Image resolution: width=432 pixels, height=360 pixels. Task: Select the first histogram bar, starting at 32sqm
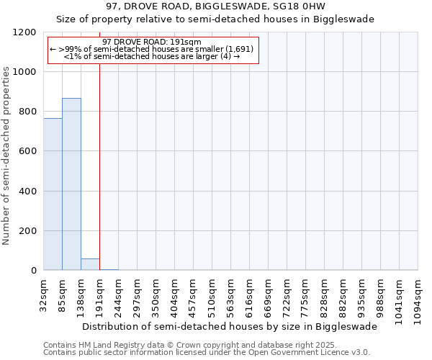coord(53,194)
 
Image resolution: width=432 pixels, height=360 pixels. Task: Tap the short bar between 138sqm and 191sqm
coord(90,264)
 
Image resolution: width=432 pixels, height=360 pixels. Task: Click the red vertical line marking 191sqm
coord(99,180)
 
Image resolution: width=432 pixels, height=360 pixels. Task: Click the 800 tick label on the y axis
coord(27,112)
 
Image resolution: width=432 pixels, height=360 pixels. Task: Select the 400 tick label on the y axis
coord(27,192)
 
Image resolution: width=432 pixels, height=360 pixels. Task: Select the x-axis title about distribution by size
coord(230,326)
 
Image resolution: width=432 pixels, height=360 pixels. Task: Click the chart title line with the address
coord(215,6)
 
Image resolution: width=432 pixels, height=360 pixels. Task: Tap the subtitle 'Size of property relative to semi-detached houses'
coord(215,19)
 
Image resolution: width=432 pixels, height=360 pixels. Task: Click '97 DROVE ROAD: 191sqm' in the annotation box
coord(152,42)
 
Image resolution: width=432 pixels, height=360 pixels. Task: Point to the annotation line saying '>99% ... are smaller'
coord(152,49)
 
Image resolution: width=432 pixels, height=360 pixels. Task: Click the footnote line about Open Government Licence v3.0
coord(207,353)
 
